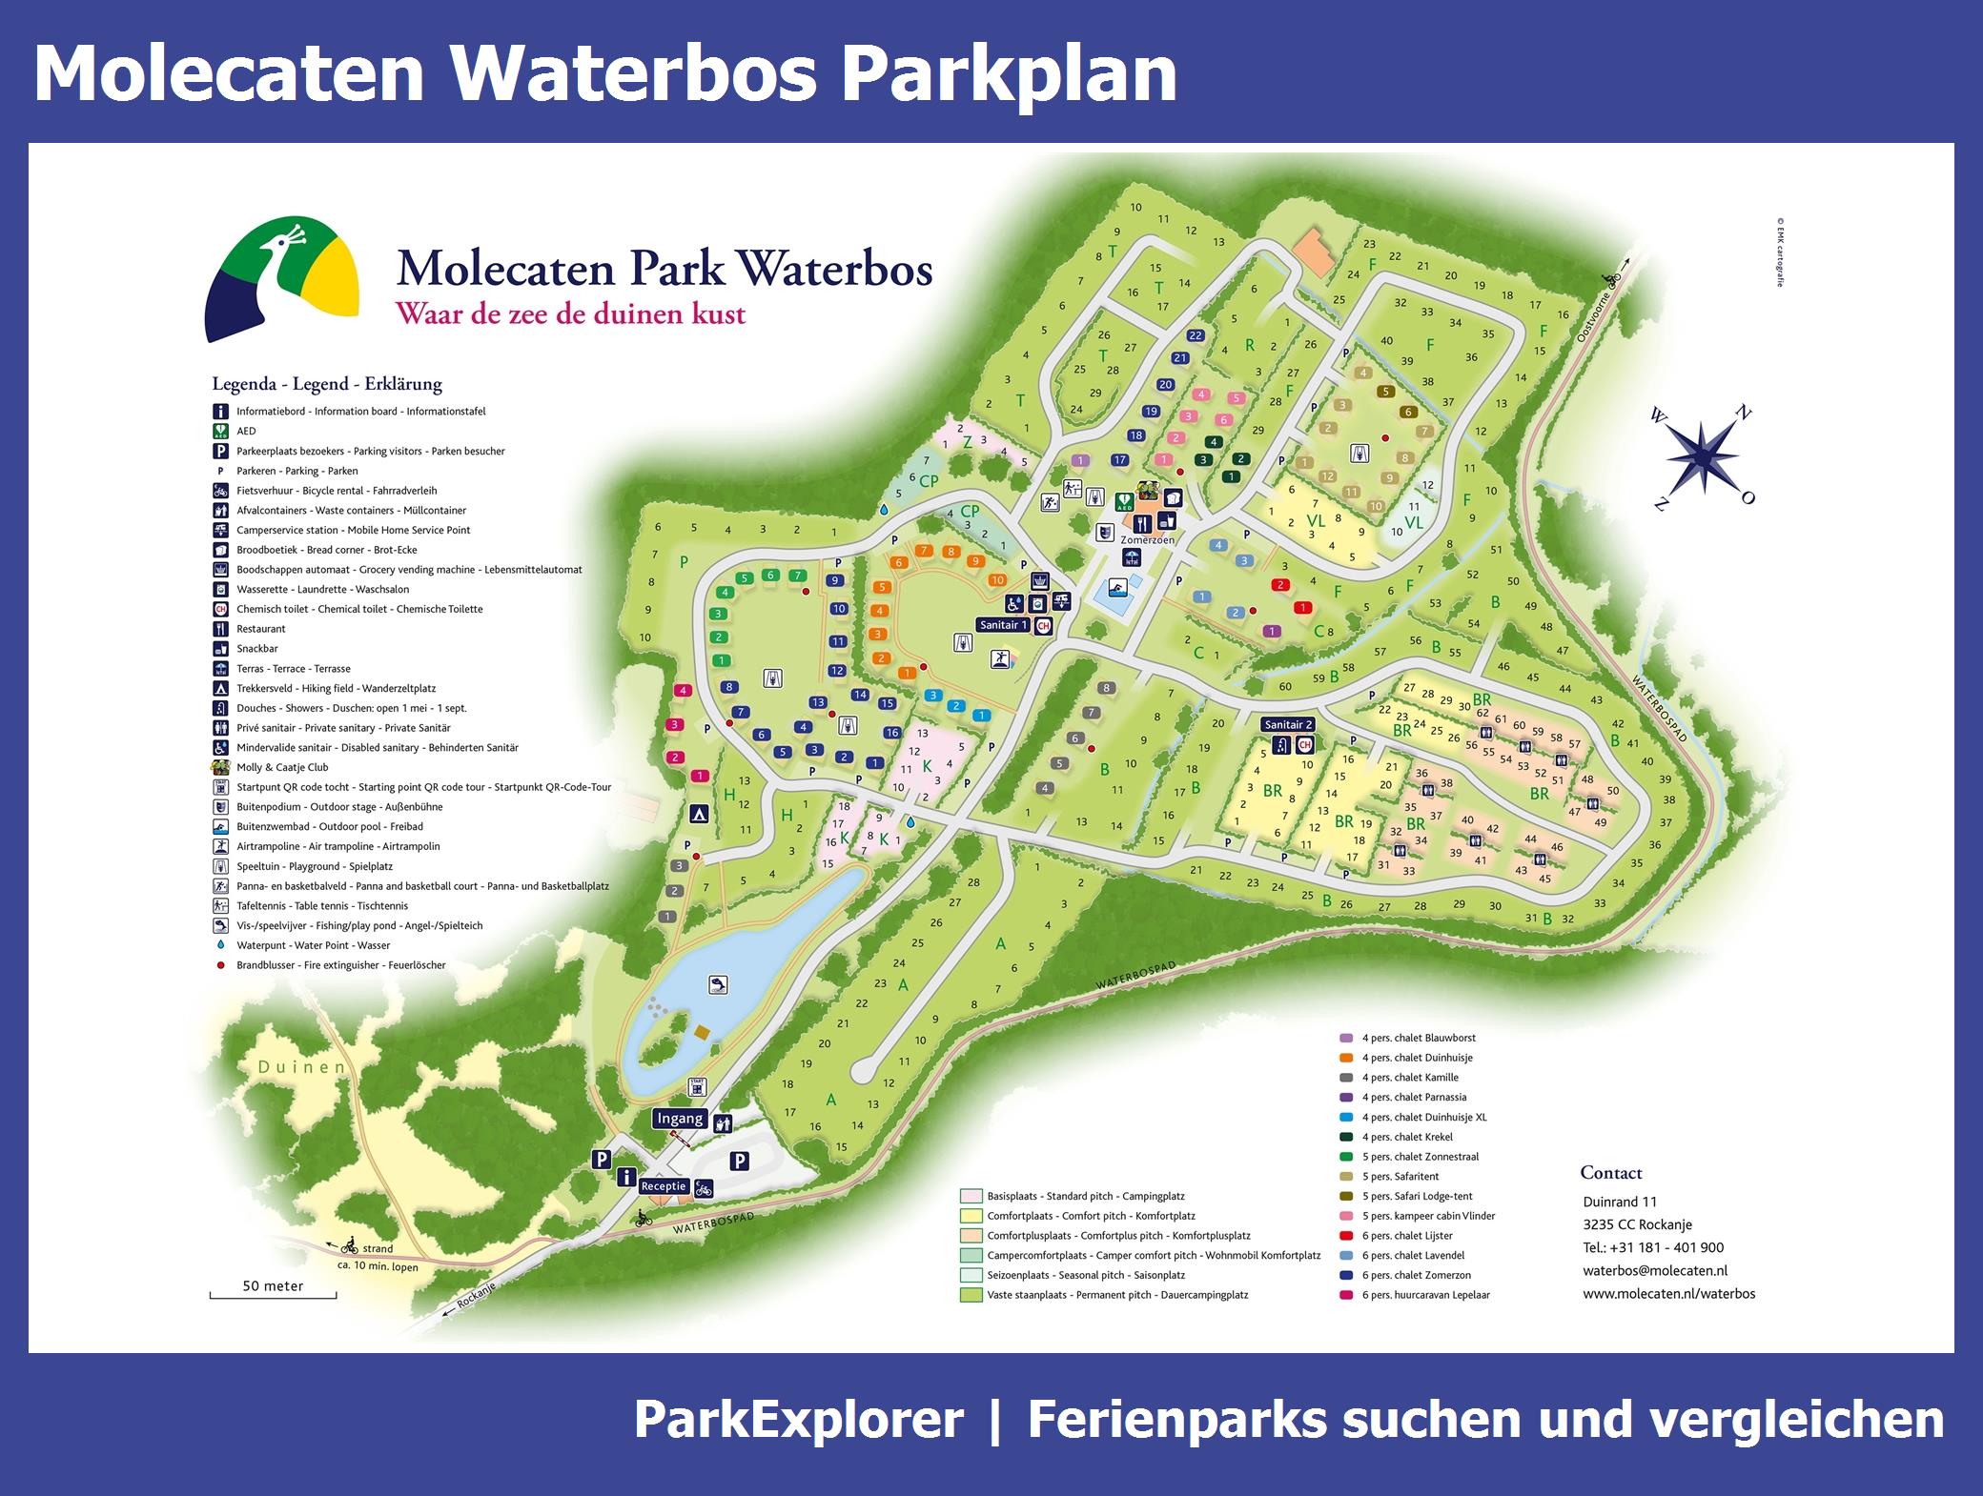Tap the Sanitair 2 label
[x=1289, y=724]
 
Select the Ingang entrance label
[x=680, y=1119]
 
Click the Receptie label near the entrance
[x=664, y=1186]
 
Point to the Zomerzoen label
[x=1147, y=539]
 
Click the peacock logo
[x=282, y=277]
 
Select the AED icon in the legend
[x=220, y=431]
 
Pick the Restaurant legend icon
[x=220, y=629]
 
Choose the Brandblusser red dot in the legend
[x=220, y=965]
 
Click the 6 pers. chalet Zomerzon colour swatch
[x=1346, y=1275]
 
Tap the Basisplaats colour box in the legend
[x=971, y=1196]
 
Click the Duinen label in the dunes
[x=302, y=1067]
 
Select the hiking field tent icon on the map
[x=699, y=814]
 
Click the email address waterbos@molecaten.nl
[x=1655, y=1270]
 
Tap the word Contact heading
[x=1611, y=1173]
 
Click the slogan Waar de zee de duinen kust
[x=571, y=313]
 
